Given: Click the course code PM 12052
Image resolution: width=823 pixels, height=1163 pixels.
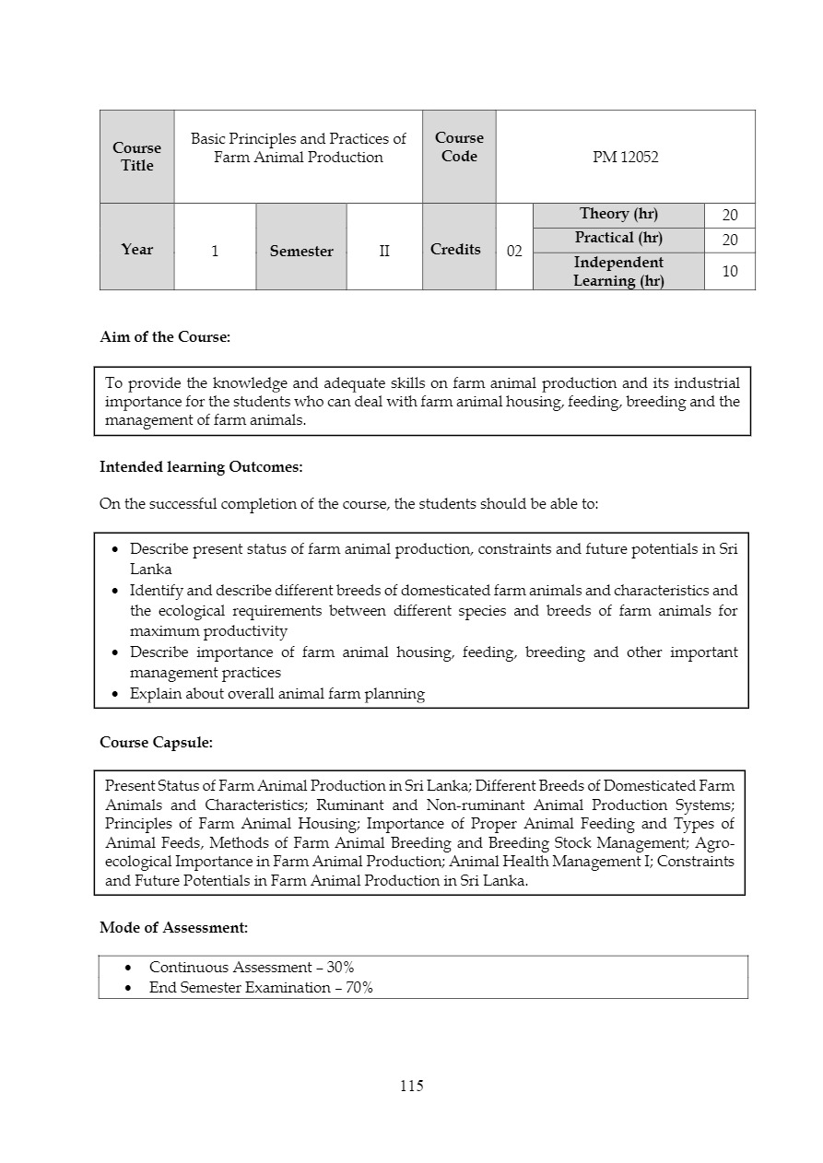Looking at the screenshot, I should pyautogui.click(x=625, y=158).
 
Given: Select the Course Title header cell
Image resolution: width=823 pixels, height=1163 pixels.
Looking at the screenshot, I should pyautogui.click(x=136, y=157).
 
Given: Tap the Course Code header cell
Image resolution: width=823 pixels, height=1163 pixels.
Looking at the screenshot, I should pyautogui.click(x=459, y=147).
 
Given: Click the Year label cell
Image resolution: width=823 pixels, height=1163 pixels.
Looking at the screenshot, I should pyautogui.click(x=136, y=250).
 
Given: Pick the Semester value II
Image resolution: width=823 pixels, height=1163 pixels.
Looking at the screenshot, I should pyautogui.click(x=384, y=251).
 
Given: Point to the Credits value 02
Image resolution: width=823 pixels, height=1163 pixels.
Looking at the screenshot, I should pyautogui.click(x=514, y=252).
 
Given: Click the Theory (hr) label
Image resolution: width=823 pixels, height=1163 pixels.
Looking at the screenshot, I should pyautogui.click(x=618, y=214).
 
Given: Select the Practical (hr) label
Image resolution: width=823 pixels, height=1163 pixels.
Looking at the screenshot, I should pyautogui.click(x=618, y=238).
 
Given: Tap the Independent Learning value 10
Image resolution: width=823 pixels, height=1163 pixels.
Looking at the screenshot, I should pyautogui.click(x=730, y=272).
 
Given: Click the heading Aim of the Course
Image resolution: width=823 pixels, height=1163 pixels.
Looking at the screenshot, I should pyautogui.click(x=165, y=337).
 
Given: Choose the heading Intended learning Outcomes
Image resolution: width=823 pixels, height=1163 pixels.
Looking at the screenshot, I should pyautogui.click(x=201, y=467).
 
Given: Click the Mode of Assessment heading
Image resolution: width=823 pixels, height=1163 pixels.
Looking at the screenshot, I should pyautogui.click(x=173, y=928).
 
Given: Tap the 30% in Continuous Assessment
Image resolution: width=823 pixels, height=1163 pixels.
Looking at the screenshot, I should pyautogui.click(x=340, y=968).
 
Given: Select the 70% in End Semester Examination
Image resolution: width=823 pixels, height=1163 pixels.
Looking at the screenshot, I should pyautogui.click(x=359, y=988).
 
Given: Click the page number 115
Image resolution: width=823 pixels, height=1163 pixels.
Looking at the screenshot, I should pyautogui.click(x=412, y=1087).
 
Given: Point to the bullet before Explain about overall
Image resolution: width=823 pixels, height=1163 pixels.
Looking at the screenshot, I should pyautogui.click(x=114, y=695).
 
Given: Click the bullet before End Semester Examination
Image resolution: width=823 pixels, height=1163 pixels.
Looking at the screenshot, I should pyautogui.click(x=129, y=989).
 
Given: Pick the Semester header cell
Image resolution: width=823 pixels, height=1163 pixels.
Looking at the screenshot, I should pyautogui.click(x=301, y=252).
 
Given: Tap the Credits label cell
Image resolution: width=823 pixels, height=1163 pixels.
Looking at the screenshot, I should pyautogui.click(x=455, y=250).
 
